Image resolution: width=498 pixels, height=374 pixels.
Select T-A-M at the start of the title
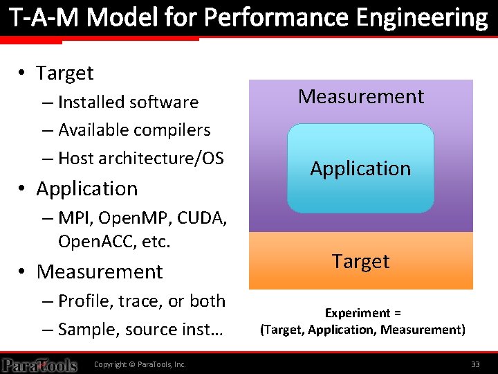click(x=44, y=17)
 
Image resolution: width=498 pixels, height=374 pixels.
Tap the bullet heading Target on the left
click(x=64, y=73)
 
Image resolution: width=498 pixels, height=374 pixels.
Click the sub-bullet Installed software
click(x=128, y=103)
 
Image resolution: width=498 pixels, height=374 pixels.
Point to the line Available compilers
click(x=134, y=130)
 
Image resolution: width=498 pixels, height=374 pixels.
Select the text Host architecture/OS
click(x=140, y=159)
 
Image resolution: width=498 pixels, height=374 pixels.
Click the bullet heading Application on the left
click(x=86, y=188)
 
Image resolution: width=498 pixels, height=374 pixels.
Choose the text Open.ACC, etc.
click(x=114, y=242)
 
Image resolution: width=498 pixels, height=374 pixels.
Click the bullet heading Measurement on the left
click(x=100, y=271)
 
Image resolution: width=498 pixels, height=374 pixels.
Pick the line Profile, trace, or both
click(x=142, y=301)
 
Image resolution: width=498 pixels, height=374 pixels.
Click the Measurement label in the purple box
click(x=361, y=97)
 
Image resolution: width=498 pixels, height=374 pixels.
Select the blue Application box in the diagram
click(x=360, y=168)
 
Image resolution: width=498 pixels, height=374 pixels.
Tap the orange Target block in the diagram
click(x=361, y=261)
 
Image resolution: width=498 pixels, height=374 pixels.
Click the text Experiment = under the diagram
click(x=363, y=313)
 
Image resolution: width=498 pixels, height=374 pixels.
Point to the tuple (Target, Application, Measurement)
click(x=362, y=330)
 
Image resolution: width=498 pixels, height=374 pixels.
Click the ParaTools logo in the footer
click(x=39, y=364)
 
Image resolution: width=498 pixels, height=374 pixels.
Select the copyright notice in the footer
click(x=140, y=364)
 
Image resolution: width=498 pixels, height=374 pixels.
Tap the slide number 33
click(x=475, y=364)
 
